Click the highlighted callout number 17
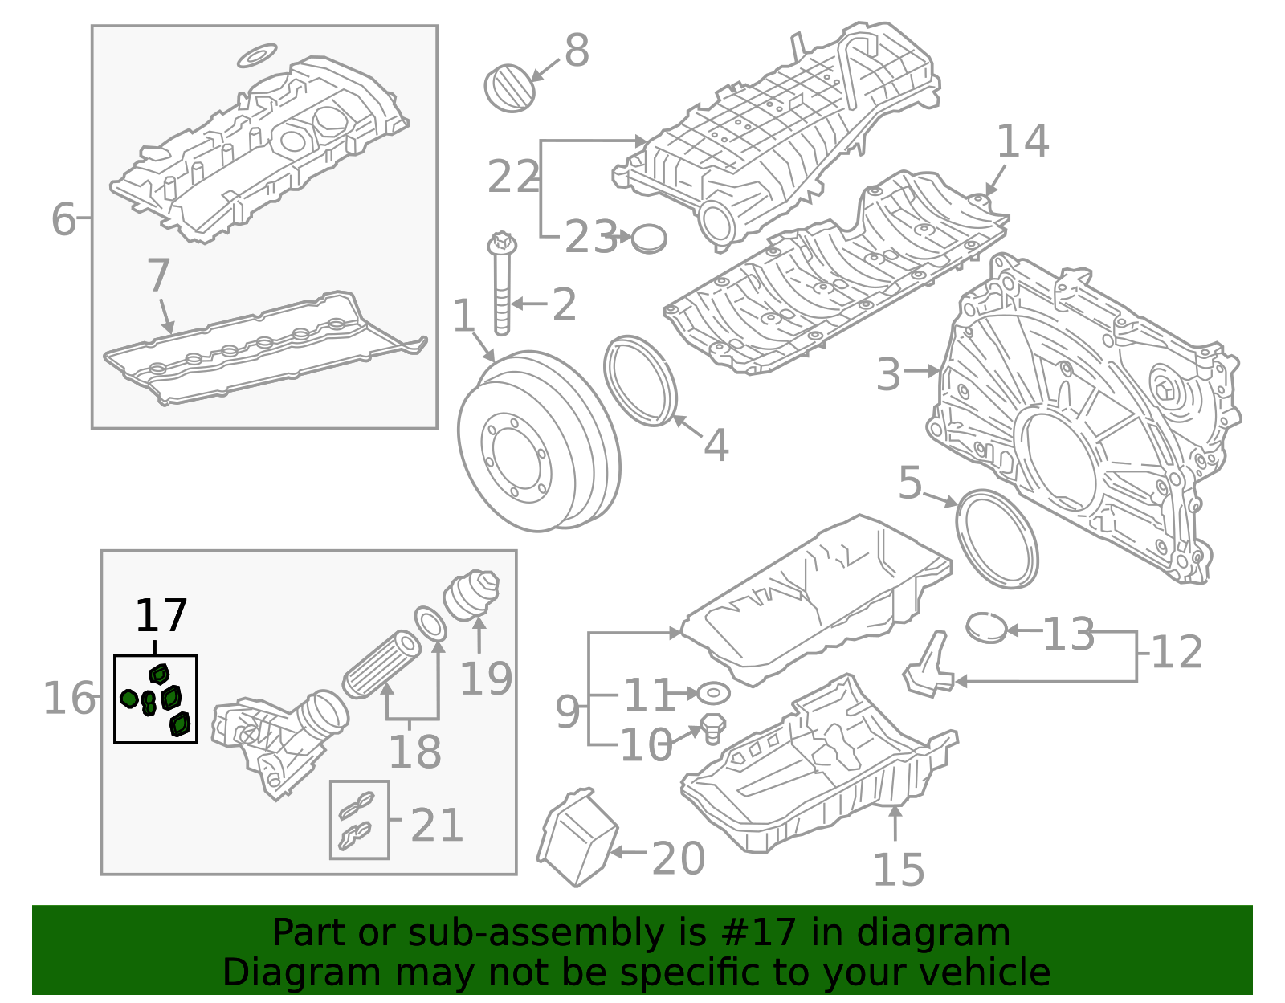(x=161, y=616)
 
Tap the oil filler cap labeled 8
(x=510, y=88)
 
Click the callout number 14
(x=1022, y=141)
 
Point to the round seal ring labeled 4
(x=641, y=381)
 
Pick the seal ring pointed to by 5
(x=997, y=539)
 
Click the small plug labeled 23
(x=649, y=239)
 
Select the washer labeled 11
(x=712, y=692)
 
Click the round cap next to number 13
(x=986, y=628)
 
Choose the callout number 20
(x=679, y=858)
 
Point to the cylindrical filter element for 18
(x=382, y=664)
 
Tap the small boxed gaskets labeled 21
(x=359, y=820)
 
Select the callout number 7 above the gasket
(x=158, y=275)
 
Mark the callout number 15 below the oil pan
(x=898, y=870)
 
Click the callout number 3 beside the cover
(x=888, y=374)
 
